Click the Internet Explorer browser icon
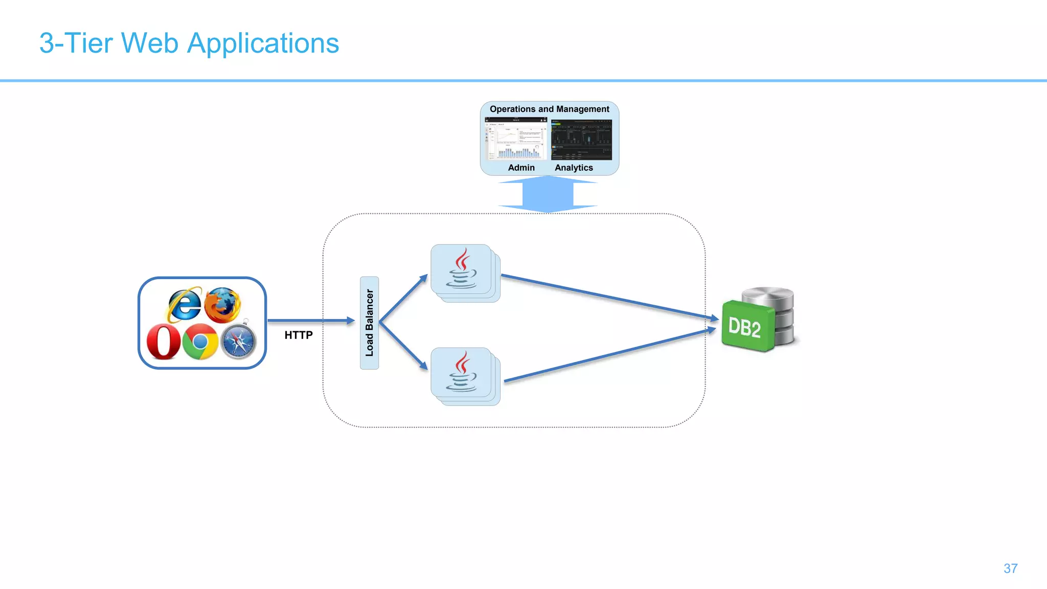(x=184, y=305)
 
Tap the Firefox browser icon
(x=223, y=305)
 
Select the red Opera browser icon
(x=164, y=342)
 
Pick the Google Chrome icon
(x=200, y=342)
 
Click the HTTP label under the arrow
(x=299, y=335)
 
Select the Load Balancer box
(x=369, y=323)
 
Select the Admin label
(x=521, y=168)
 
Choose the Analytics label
(x=574, y=168)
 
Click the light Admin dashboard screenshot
(x=516, y=139)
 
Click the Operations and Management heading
(x=549, y=109)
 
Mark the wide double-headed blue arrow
(x=548, y=194)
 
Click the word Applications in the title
(x=263, y=44)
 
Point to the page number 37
(x=1010, y=569)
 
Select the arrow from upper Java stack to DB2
(x=608, y=297)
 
